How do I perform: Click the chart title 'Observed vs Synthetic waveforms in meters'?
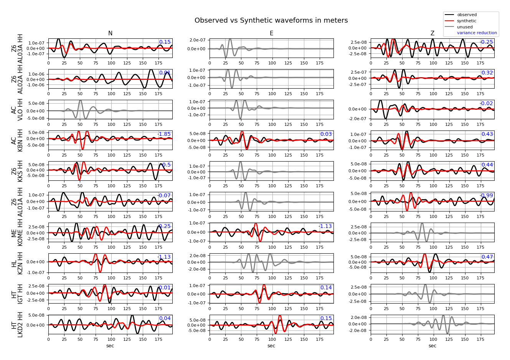271,21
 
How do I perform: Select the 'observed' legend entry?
467,15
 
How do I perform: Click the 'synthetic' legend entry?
467,21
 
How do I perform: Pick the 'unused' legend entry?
465,27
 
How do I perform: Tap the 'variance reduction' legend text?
477,33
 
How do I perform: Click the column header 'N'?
110,33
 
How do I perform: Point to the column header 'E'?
271,33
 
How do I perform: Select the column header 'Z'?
432,33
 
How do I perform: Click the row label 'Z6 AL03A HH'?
17,48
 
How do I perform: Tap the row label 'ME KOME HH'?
17,233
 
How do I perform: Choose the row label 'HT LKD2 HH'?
17,325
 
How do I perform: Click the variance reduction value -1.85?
164,134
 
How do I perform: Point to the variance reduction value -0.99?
487,196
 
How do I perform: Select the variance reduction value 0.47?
487,257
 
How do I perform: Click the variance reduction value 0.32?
487,73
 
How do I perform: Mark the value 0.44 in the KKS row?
487,165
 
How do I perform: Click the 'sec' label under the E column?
271,346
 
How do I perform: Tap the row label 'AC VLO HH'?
17,110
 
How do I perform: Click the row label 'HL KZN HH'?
17,263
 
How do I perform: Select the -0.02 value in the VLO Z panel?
487,104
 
